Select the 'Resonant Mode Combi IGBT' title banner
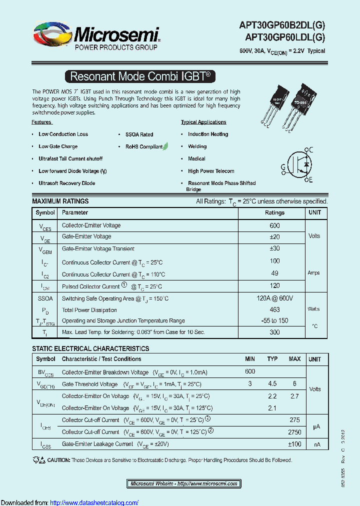click(140, 76)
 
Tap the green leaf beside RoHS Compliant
click(165, 146)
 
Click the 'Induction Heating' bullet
click(207, 134)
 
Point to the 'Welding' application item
click(197, 146)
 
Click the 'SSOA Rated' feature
click(139, 134)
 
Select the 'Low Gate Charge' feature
click(58, 146)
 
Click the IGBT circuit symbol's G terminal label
click(283, 166)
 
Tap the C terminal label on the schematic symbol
click(310, 149)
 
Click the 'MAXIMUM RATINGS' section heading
click(60, 201)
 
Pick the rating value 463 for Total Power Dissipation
click(274, 309)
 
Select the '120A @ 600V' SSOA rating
click(274, 298)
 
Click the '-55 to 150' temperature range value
click(274, 320)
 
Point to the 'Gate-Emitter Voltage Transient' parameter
click(98, 248)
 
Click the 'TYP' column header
click(272, 359)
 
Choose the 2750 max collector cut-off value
click(294, 431)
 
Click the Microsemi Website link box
click(183, 483)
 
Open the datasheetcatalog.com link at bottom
click(94, 502)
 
